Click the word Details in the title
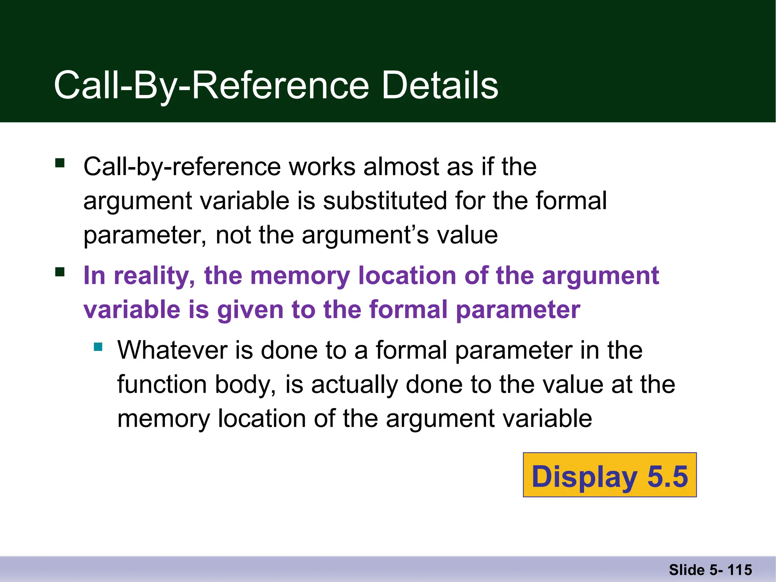(x=440, y=86)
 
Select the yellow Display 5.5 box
(x=610, y=475)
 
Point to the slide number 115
(x=740, y=570)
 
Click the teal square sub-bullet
(x=99, y=347)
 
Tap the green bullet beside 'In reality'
(x=60, y=272)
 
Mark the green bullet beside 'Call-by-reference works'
(x=60, y=163)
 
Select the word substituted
(x=385, y=201)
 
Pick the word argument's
(x=366, y=235)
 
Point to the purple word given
(x=250, y=310)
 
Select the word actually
(x=354, y=385)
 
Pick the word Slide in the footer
(x=686, y=570)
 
